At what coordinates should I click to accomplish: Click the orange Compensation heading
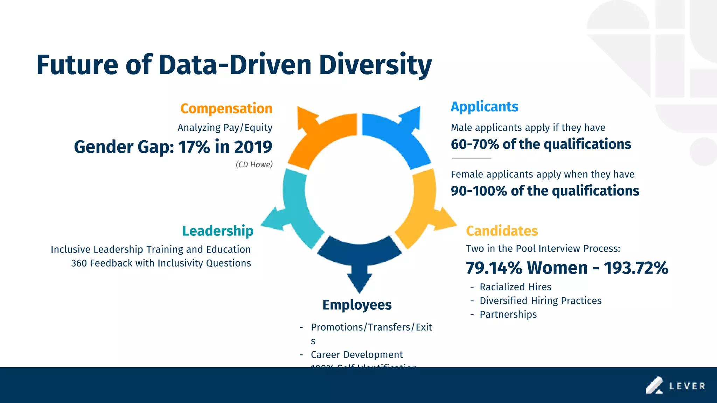[x=226, y=109]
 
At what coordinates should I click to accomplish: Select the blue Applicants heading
[x=484, y=107]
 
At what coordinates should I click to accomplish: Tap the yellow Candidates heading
[x=502, y=231]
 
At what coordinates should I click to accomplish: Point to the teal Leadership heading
[x=218, y=231]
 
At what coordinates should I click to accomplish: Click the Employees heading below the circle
[x=357, y=305]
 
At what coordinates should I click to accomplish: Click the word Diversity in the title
[x=375, y=65]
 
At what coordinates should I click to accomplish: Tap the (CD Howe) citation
[x=254, y=164]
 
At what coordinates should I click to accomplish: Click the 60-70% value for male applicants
[x=474, y=144]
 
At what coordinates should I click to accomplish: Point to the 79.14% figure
[x=494, y=268]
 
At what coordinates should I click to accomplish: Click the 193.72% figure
[x=636, y=268]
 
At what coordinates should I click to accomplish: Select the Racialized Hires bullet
[x=515, y=287]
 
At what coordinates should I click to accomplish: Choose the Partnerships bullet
[x=508, y=314]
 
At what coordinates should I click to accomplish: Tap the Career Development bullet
[x=357, y=355]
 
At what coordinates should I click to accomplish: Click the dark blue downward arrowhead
[x=359, y=282]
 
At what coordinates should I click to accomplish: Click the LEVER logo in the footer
[x=676, y=386]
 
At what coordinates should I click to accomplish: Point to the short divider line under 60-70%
[x=471, y=158]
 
